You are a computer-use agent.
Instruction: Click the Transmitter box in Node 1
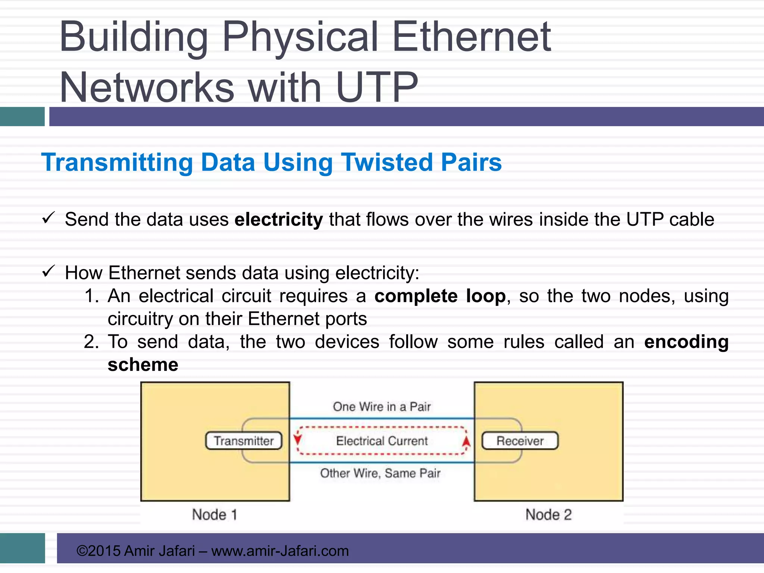click(x=244, y=441)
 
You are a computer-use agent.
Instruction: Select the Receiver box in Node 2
click(x=520, y=441)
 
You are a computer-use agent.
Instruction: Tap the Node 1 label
click(x=215, y=515)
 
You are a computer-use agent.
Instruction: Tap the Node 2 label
click(x=548, y=515)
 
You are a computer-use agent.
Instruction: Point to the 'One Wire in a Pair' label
click(x=382, y=407)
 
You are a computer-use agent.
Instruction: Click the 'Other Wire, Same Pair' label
click(x=380, y=473)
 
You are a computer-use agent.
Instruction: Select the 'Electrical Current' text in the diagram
click(x=382, y=441)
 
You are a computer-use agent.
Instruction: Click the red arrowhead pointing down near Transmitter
click(x=297, y=439)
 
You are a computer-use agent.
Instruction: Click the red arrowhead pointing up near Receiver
click(x=466, y=442)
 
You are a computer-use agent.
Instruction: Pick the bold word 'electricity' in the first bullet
click(x=278, y=219)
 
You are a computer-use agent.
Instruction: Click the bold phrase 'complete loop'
click(x=440, y=296)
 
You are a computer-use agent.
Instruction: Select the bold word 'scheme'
click(x=143, y=364)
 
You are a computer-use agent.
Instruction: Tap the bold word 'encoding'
click(x=686, y=342)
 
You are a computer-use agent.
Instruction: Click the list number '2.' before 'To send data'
click(x=91, y=342)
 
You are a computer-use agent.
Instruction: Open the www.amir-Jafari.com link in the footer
click(x=280, y=551)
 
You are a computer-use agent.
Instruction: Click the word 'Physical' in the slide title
click(x=300, y=37)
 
